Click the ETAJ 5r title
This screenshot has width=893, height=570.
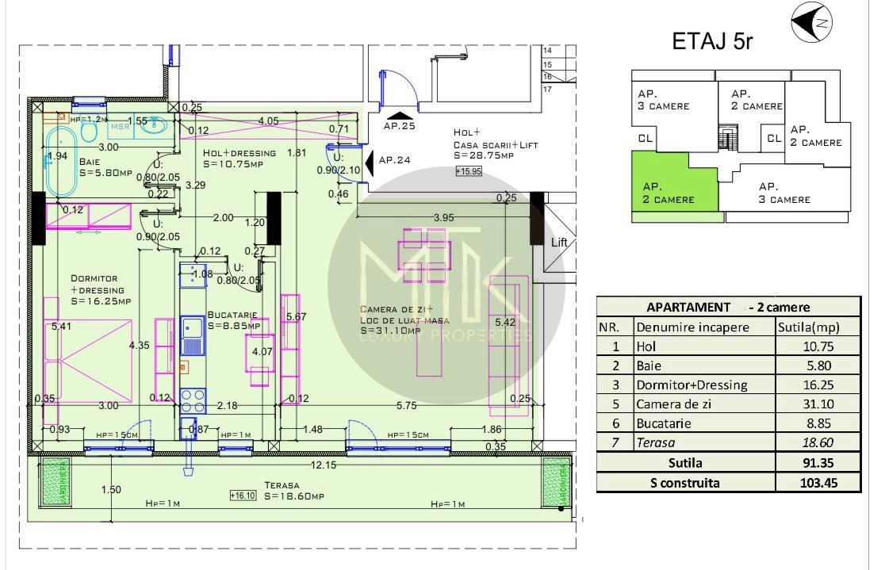[712, 40]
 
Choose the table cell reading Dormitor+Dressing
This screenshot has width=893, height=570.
[691, 385]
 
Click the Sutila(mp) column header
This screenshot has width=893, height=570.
[818, 327]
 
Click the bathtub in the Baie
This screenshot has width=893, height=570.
[60, 162]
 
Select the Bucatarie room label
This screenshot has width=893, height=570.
[233, 319]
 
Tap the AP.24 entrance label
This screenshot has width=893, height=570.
[394, 160]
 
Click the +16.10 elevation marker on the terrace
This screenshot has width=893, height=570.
[243, 495]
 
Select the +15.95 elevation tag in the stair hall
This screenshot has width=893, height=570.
[468, 170]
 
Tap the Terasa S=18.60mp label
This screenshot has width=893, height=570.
[293, 492]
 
